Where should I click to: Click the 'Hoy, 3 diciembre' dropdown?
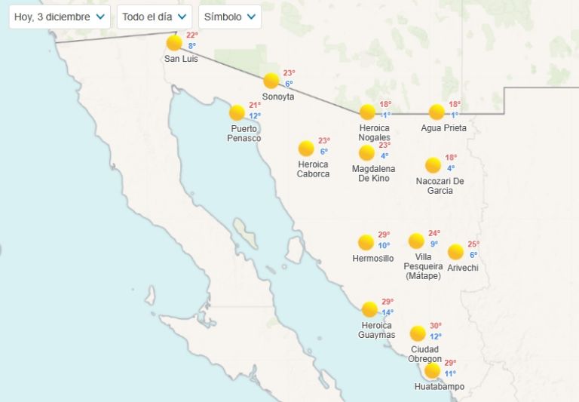(60, 17)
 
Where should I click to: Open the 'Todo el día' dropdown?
(154, 17)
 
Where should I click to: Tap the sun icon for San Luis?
(174, 42)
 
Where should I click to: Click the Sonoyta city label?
(278, 97)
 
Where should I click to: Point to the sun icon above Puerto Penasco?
(237, 112)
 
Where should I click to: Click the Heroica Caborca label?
(314, 169)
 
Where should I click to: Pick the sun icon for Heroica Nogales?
(367, 112)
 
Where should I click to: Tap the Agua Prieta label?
(443, 128)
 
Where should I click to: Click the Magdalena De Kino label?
(373, 173)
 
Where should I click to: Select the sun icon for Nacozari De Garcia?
(433, 165)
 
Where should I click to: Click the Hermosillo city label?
(373, 259)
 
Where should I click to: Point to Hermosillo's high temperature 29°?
(384, 235)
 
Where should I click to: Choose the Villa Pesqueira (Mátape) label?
(423, 266)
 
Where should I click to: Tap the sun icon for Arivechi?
(455, 252)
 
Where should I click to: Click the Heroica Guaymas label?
(377, 330)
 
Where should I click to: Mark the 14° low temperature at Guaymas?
(388, 313)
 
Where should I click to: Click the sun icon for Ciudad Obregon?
(418, 333)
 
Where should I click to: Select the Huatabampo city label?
(440, 387)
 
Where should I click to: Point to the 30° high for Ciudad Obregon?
(436, 326)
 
